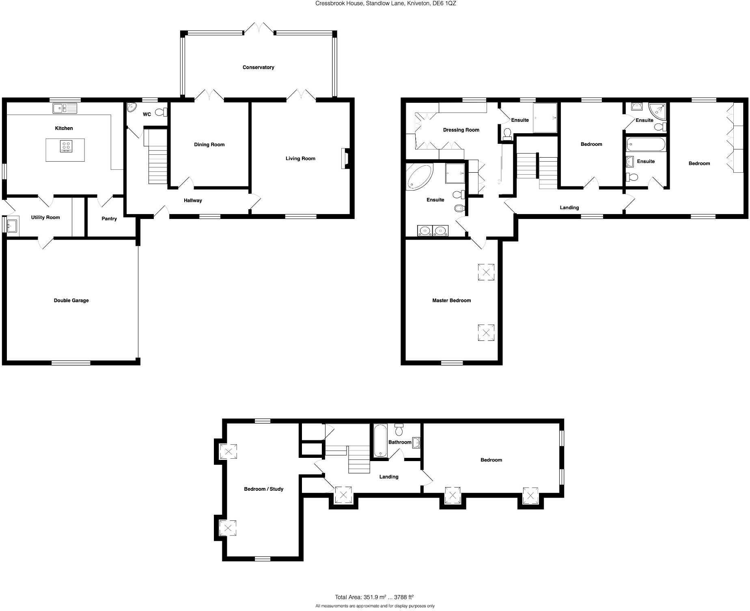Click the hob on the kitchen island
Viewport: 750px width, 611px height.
pos(66,146)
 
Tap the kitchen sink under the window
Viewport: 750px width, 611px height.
pos(65,108)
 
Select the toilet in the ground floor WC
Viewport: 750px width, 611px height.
pos(161,112)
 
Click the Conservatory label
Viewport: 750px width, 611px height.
pos(258,67)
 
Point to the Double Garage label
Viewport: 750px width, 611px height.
pos(71,301)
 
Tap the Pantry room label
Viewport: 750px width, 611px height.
pos(109,219)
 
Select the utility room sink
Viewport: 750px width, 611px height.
pos(12,225)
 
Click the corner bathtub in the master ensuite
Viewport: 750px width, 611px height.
pos(419,177)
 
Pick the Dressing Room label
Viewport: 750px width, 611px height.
pos(461,130)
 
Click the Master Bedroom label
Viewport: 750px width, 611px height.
pos(451,301)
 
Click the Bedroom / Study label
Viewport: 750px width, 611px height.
pos(263,489)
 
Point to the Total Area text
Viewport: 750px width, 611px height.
pos(374,597)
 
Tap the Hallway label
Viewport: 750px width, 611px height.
pos(193,200)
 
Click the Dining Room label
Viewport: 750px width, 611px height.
pos(209,145)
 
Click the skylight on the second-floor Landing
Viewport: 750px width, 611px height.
pos(343,495)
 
